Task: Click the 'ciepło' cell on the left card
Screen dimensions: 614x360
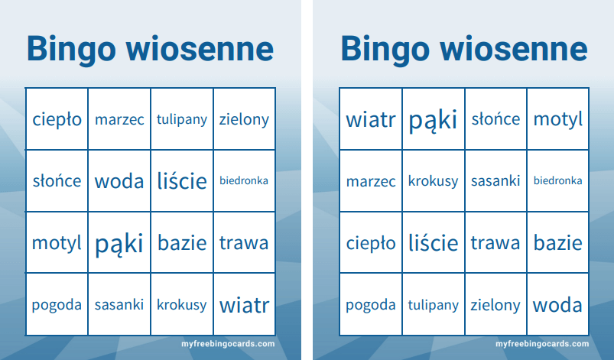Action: point(57,119)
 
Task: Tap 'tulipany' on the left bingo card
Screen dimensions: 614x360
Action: point(182,119)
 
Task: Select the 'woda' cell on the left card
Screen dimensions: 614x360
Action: point(119,181)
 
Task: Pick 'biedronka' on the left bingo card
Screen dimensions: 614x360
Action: point(244,181)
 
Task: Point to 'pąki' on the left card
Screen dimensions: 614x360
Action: point(119,242)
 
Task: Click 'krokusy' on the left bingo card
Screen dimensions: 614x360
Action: point(182,304)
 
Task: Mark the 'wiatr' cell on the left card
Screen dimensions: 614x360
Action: point(244,304)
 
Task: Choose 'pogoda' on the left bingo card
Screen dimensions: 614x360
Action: point(57,304)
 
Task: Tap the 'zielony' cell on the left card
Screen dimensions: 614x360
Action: point(244,119)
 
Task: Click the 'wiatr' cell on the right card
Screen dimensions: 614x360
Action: point(371,119)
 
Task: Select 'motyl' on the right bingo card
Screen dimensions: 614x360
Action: point(558,119)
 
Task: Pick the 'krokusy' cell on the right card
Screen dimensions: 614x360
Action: point(433,181)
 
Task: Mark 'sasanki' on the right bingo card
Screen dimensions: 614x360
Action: point(495,181)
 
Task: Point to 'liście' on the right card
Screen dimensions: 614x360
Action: point(433,242)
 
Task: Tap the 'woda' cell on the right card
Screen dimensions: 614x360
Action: point(558,304)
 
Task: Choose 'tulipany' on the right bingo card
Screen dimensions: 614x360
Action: point(433,304)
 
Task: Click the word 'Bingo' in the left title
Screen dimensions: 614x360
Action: point(72,50)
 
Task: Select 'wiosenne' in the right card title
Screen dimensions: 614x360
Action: point(514,49)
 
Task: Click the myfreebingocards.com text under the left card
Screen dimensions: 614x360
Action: point(228,344)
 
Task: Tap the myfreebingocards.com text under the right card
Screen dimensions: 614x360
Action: point(542,344)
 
